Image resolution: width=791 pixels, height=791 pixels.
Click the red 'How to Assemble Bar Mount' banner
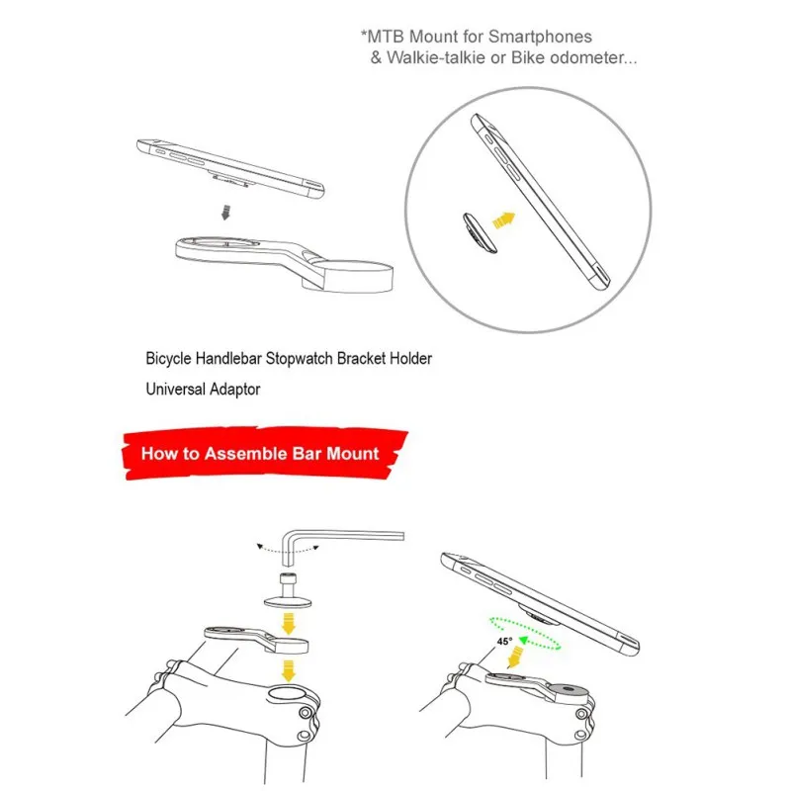pyautogui.click(x=260, y=454)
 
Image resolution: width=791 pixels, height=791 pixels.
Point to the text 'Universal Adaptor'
pyautogui.click(x=203, y=389)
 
